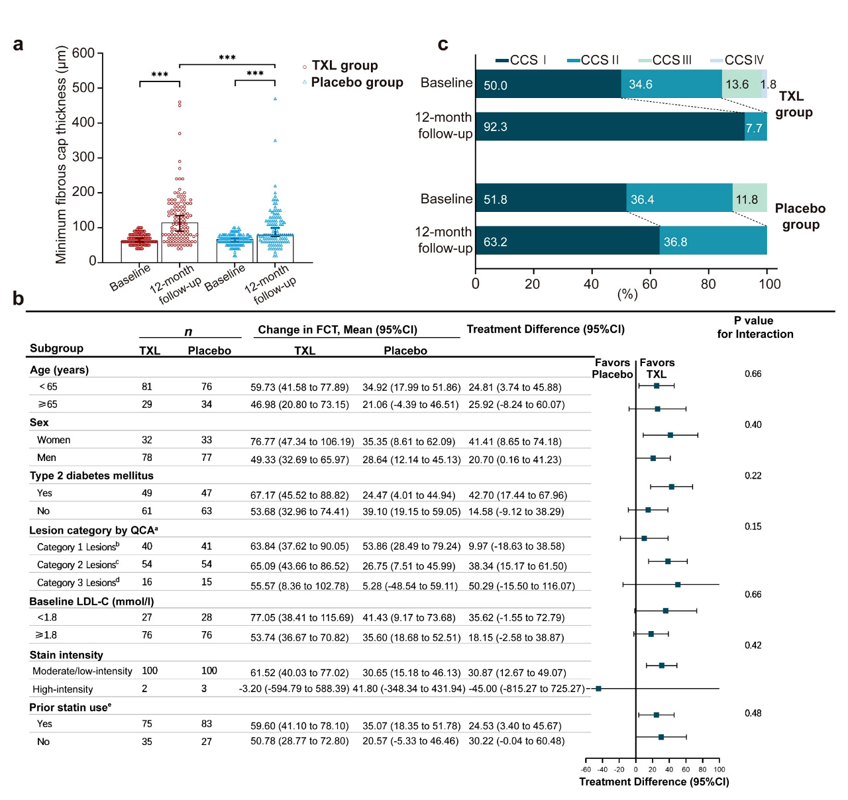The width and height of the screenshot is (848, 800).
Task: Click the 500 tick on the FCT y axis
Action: (x=83, y=88)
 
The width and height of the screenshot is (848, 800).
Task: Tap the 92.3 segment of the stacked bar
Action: (x=609, y=126)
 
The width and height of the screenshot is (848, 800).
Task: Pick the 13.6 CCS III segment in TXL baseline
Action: (x=741, y=84)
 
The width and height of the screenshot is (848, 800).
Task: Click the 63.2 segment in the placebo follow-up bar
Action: (x=567, y=241)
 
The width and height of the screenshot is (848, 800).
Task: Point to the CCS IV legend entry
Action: (x=743, y=60)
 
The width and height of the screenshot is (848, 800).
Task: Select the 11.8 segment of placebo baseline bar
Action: (x=749, y=199)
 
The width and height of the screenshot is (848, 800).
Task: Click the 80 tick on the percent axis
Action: (x=708, y=284)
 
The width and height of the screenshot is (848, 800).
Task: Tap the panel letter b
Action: (x=18, y=299)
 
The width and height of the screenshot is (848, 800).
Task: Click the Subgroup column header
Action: (x=56, y=348)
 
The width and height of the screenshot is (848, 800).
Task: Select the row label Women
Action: (x=54, y=440)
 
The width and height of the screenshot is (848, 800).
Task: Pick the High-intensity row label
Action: (x=62, y=689)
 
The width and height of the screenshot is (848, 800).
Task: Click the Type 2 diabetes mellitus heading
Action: (x=91, y=475)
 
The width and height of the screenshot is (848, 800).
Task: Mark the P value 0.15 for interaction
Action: (x=753, y=526)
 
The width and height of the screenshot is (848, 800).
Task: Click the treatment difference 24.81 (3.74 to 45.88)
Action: (x=515, y=387)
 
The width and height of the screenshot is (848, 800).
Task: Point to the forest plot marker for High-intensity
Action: (x=598, y=689)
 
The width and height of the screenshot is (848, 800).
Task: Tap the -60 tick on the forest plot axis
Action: (x=586, y=770)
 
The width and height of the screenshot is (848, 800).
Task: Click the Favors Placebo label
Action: (x=612, y=368)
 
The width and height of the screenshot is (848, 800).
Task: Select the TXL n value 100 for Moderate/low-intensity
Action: (x=150, y=671)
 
